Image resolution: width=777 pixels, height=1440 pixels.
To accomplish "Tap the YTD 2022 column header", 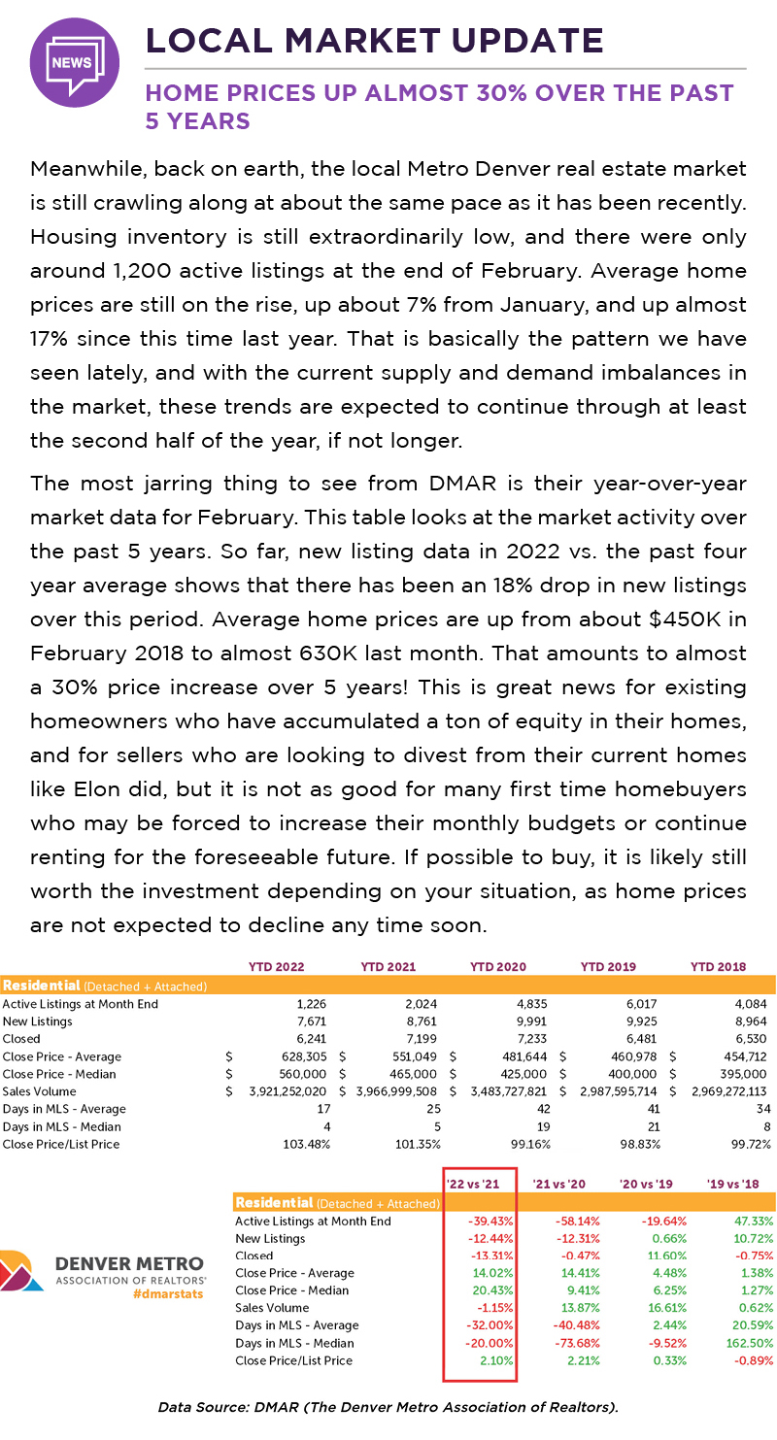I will [x=278, y=966].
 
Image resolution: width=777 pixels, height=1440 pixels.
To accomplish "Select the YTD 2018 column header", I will [x=719, y=966].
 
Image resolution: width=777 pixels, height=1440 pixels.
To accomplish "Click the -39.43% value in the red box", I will [x=491, y=1221].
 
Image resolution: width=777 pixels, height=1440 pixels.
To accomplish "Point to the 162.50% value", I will [x=747, y=1343].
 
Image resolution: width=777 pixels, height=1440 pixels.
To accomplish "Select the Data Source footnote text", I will [x=388, y=1405].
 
